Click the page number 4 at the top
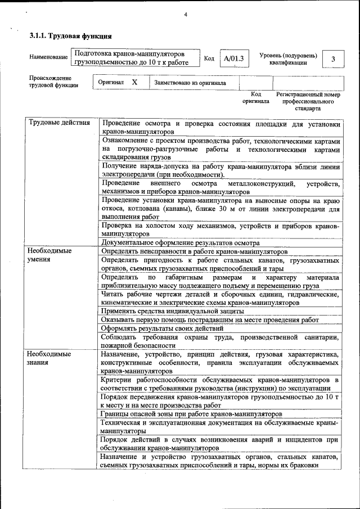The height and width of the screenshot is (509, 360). [x=185, y=14]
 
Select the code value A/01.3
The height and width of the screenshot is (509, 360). [x=233, y=58]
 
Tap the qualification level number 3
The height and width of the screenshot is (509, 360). [x=334, y=58]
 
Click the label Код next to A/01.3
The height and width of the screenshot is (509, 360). [x=209, y=58]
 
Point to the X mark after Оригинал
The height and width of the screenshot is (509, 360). [x=134, y=82]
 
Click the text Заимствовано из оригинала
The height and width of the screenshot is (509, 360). [x=190, y=83]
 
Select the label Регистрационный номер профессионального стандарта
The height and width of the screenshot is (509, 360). [x=308, y=101]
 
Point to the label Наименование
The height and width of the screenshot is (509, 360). [x=48, y=57]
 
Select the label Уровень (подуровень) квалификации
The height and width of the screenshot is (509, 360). [x=288, y=58]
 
